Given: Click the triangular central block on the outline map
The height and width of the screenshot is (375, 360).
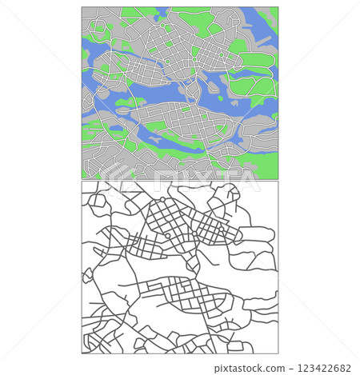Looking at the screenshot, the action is pyautogui.click(x=192, y=262).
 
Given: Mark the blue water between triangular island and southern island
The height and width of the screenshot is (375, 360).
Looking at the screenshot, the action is pyautogui.click(x=160, y=99).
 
